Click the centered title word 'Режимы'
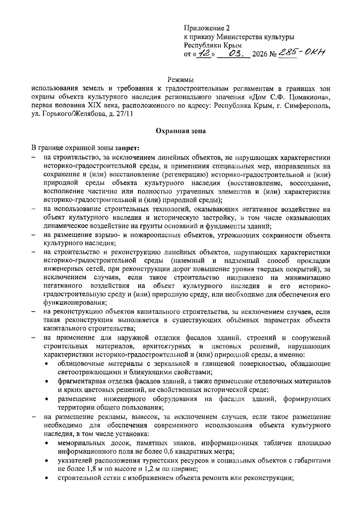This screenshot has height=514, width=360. click(180, 80)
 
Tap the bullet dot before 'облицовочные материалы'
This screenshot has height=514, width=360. click(46, 364)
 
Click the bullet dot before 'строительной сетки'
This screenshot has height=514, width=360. click(46, 478)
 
